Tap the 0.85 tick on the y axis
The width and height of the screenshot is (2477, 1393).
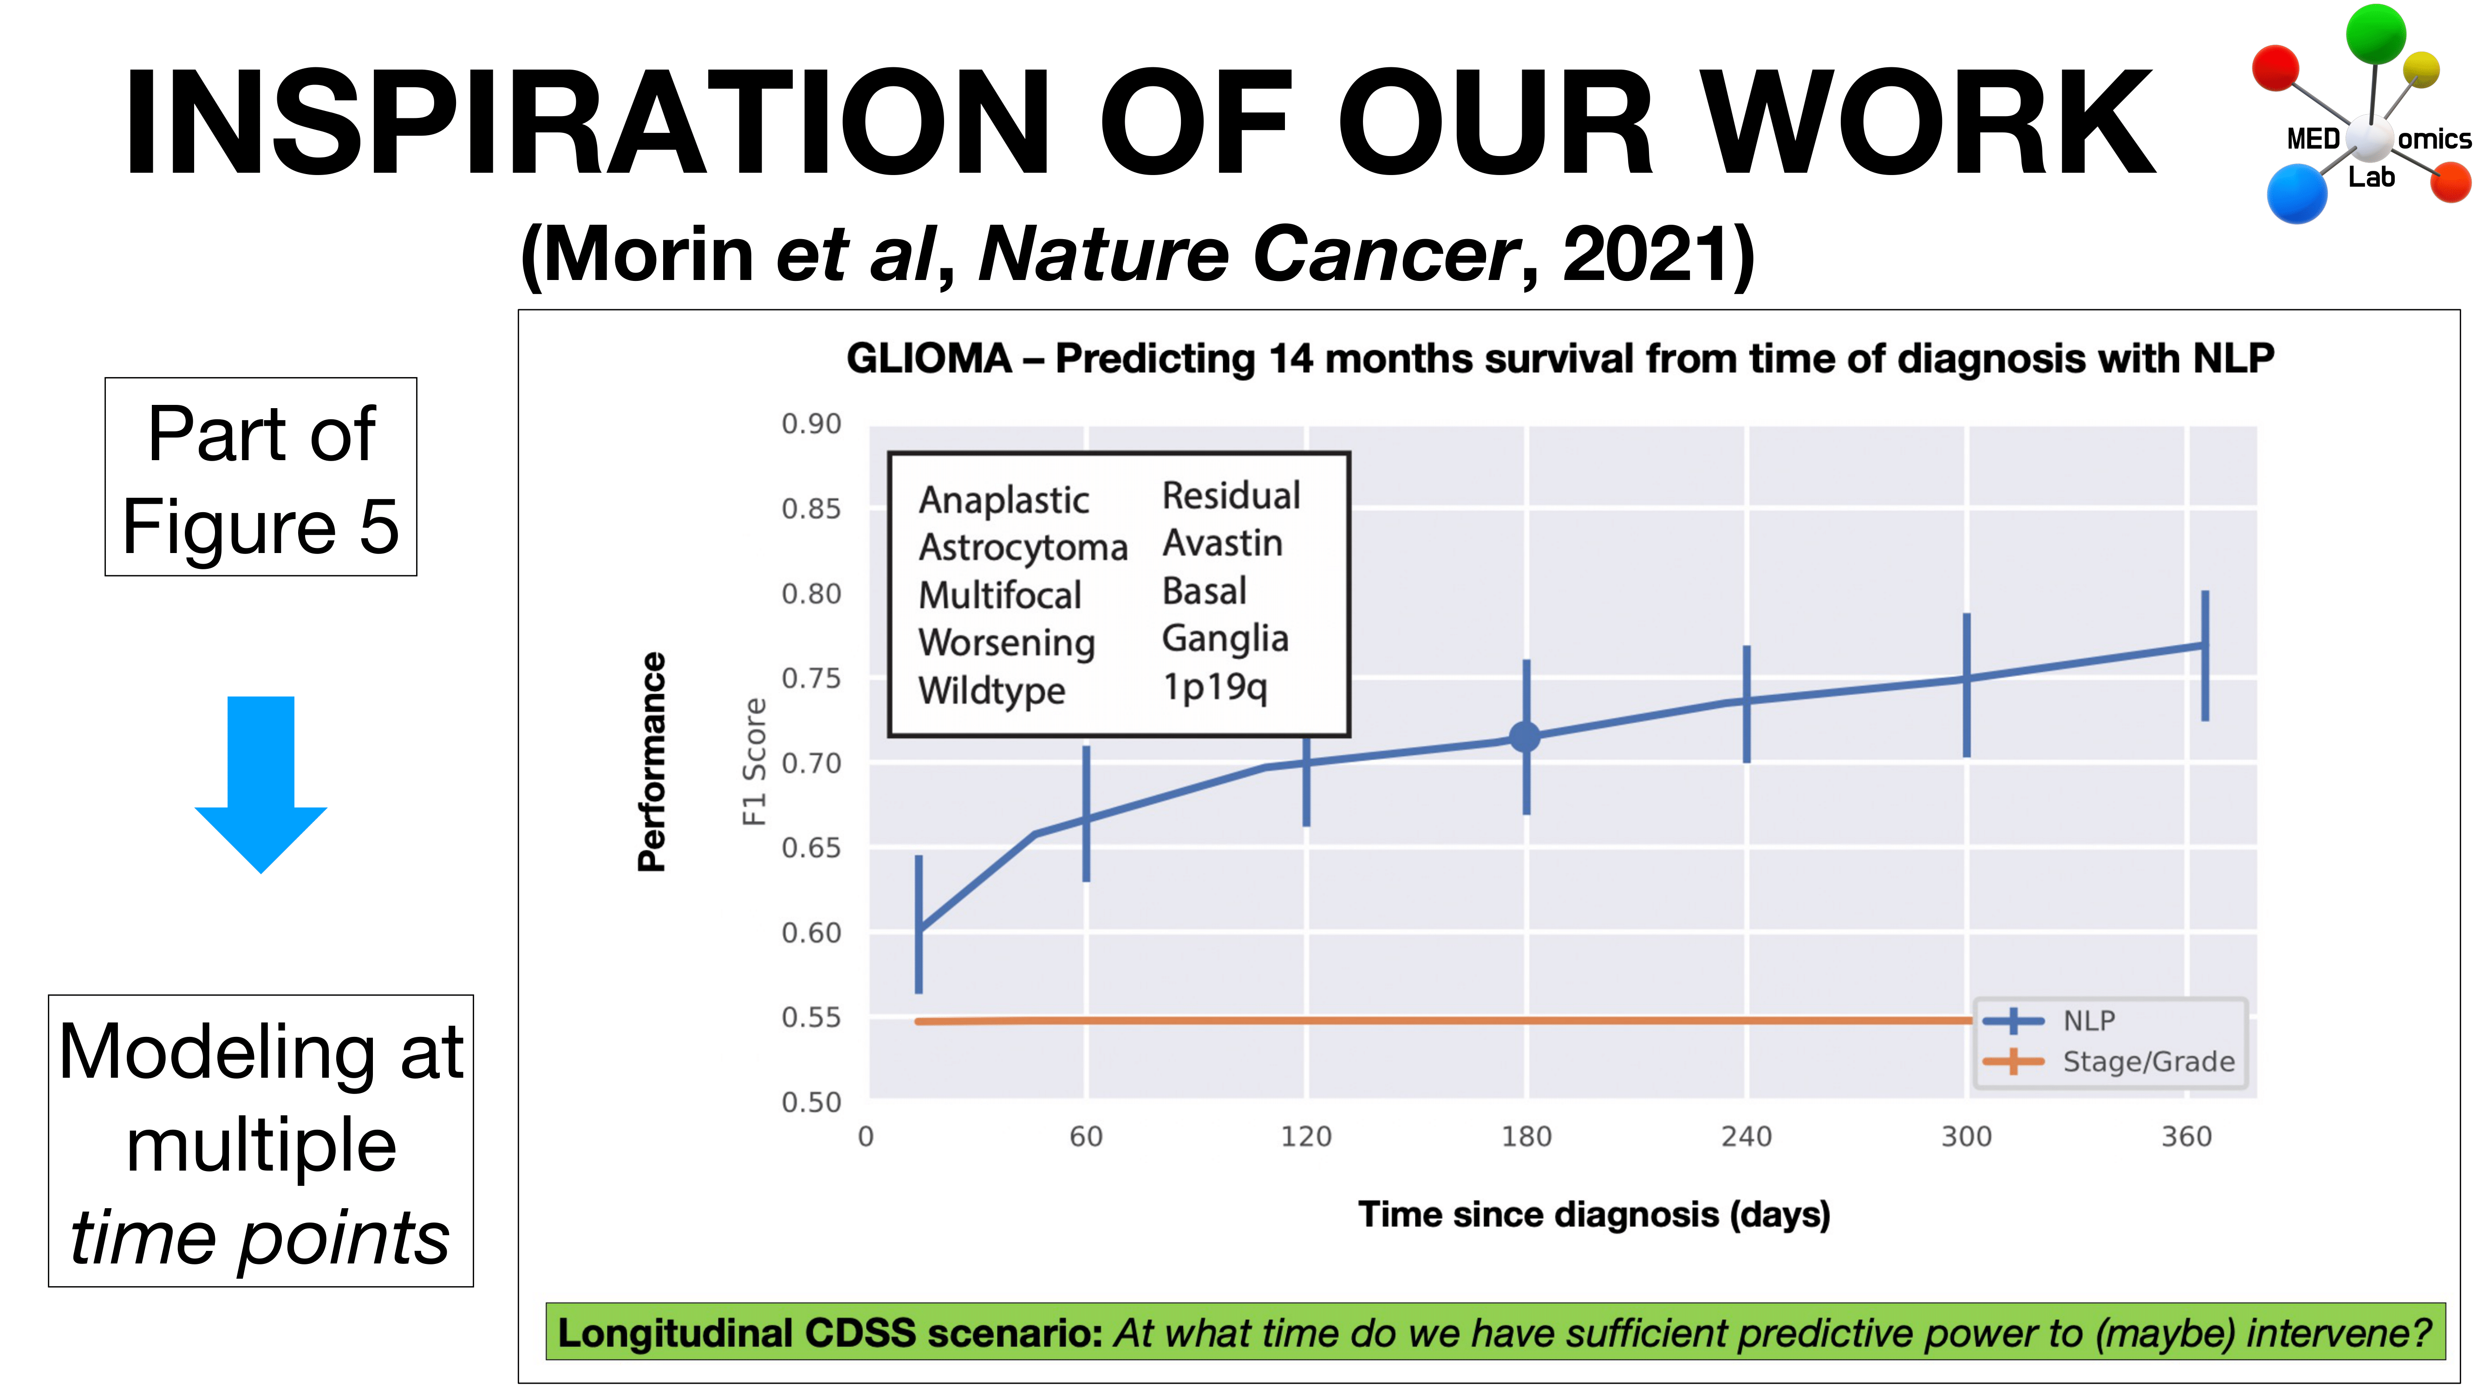(811, 508)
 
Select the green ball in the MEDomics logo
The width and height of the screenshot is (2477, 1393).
(2375, 33)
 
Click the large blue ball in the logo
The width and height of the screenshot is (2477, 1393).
(2296, 193)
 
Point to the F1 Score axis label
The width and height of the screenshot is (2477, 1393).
(755, 762)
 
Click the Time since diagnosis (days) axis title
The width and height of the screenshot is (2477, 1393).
(1593, 1214)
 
